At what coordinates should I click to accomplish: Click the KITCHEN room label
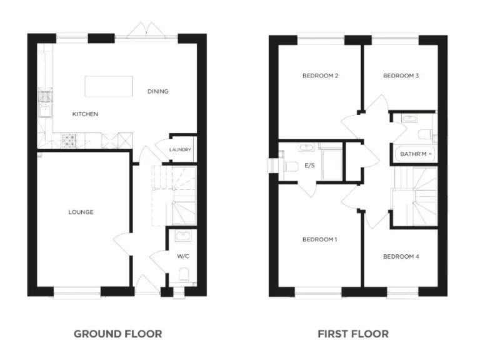click(x=85, y=114)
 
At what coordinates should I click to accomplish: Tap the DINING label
click(x=158, y=91)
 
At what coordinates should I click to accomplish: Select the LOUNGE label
click(x=81, y=212)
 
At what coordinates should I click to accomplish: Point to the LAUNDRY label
click(x=181, y=150)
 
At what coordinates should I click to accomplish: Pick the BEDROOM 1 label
click(x=320, y=239)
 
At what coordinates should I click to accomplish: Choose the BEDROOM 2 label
click(x=320, y=76)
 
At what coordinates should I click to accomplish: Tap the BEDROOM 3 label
click(x=401, y=76)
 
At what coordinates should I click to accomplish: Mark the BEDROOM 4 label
click(x=401, y=256)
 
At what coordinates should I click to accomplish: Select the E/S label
click(x=309, y=166)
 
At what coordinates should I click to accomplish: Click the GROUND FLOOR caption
click(x=117, y=334)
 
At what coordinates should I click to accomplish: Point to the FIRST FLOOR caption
click(x=353, y=334)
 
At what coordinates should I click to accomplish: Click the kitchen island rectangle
click(x=109, y=86)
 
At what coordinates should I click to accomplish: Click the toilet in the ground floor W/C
click(x=183, y=274)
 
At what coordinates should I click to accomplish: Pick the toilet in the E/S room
click(x=291, y=166)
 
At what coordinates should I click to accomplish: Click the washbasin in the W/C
click(x=183, y=236)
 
